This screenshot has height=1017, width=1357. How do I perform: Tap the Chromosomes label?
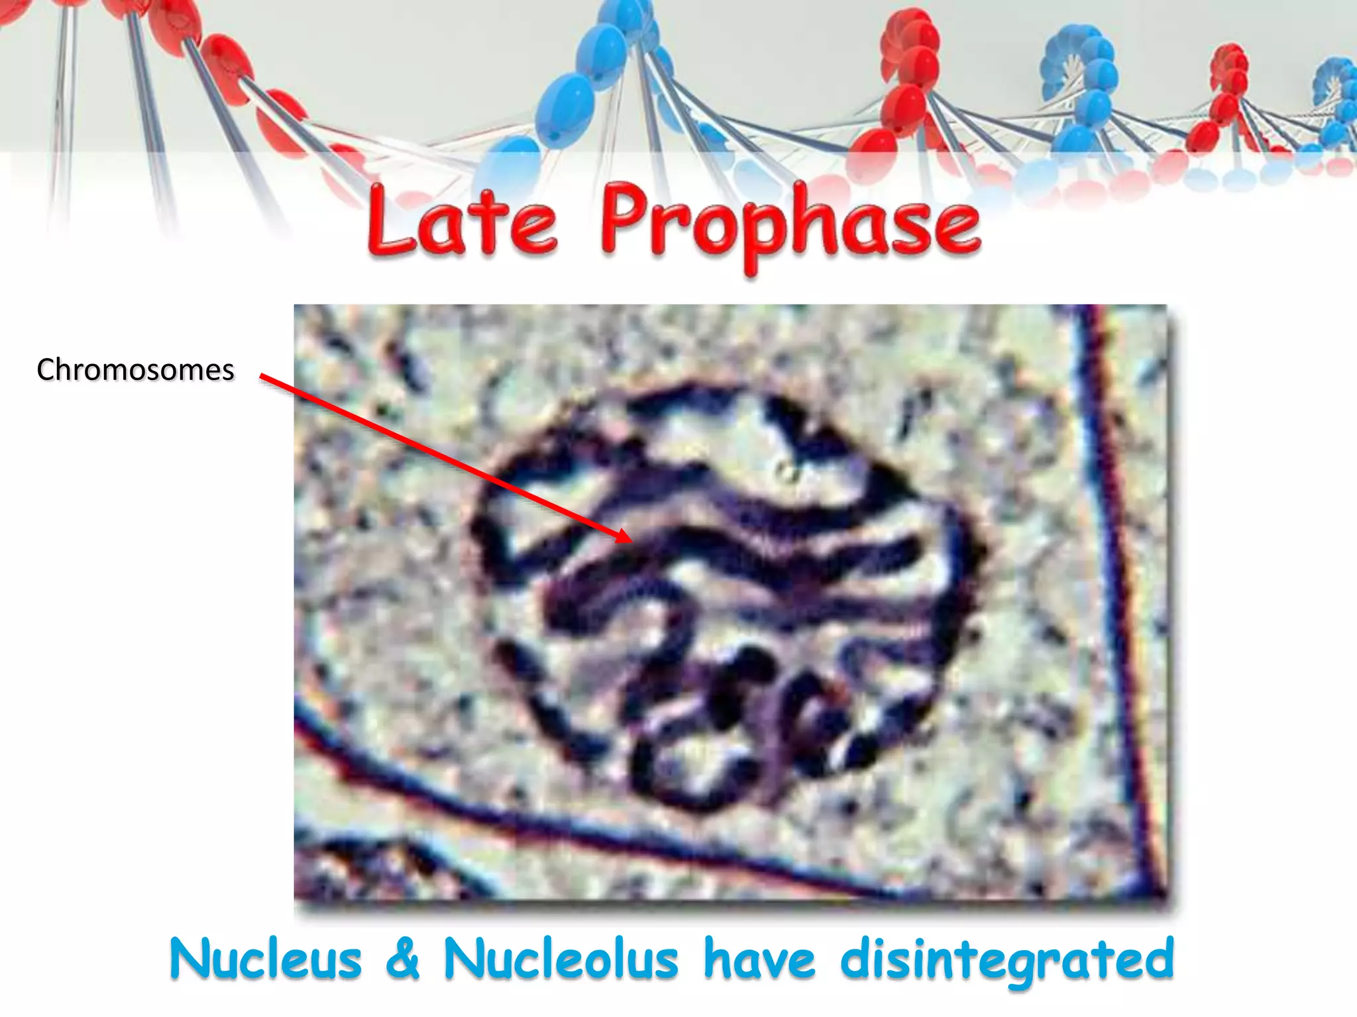(135, 369)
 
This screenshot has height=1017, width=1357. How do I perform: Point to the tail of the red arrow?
(262, 377)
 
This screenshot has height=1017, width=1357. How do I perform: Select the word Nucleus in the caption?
(265, 959)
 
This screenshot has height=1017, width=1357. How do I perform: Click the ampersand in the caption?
(403, 959)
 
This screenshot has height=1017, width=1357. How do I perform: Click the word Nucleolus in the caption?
(561, 959)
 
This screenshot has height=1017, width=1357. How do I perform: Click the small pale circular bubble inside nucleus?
(787, 472)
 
